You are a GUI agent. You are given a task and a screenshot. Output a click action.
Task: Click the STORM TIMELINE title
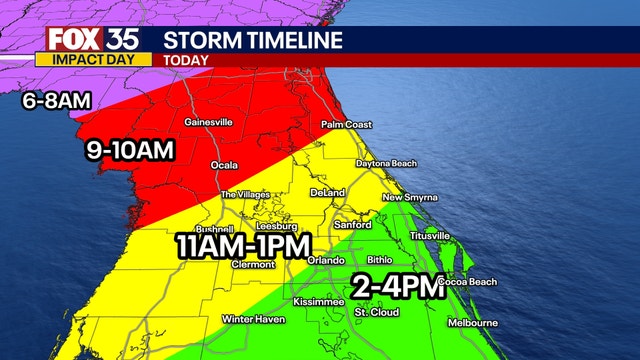(x=252, y=40)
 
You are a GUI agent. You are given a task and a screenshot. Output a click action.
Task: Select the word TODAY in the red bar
(x=186, y=60)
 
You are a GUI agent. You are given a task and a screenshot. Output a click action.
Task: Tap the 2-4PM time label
(x=397, y=288)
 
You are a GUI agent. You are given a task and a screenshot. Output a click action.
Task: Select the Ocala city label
(x=224, y=164)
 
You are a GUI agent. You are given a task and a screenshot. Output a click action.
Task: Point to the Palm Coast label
(x=346, y=125)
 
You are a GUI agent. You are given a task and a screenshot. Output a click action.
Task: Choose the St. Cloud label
(x=377, y=312)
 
